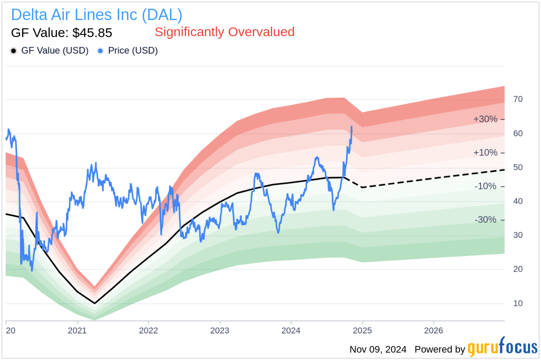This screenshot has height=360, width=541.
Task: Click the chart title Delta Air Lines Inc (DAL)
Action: click(x=96, y=15)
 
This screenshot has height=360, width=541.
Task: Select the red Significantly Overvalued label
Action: click(x=224, y=32)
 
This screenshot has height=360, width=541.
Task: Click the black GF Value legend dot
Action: click(x=14, y=51)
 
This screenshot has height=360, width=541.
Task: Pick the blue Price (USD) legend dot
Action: click(x=100, y=51)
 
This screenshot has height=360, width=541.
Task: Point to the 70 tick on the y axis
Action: click(x=518, y=99)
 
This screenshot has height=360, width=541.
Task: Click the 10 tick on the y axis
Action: click(x=518, y=303)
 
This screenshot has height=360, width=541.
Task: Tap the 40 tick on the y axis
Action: click(x=518, y=201)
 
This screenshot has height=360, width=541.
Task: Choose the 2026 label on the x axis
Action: click(x=434, y=330)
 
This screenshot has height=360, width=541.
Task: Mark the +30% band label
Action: click(x=485, y=119)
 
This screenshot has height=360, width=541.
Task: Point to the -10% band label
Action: click(x=485, y=187)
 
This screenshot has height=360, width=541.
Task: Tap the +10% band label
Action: click(x=485, y=153)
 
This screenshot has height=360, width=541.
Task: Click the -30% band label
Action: click(x=485, y=220)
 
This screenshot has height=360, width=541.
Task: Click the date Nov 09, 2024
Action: click(x=378, y=350)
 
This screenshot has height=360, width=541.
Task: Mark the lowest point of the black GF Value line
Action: click(x=95, y=303)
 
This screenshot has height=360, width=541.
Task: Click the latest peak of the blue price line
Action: click(x=352, y=126)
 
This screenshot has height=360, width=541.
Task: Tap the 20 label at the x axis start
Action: click(x=10, y=330)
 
